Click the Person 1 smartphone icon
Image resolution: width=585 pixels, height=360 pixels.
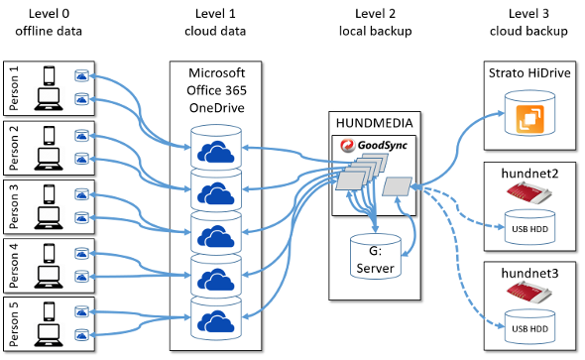pyautogui.click(x=49, y=75)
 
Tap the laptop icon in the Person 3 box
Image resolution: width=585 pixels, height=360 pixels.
pyautogui.click(x=49, y=218)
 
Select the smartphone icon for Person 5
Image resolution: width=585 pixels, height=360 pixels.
pyautogui.click(x=49, y=311)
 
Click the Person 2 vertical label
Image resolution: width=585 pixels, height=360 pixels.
pyautogui.click(x=14, y=148)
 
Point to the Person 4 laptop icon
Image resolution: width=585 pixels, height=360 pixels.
pyautogui.click(x=49, y=277)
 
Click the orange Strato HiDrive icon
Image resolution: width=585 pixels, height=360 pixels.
pyautogui.click(x=529, y=119)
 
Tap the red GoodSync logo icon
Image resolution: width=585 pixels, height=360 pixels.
pyautogui.click(x=347, y=145)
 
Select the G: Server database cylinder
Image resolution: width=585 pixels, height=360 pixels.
pyautogui.click(x=376, y=257)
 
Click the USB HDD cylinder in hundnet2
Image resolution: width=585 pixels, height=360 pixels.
pyautogui.click(x=529, y=227)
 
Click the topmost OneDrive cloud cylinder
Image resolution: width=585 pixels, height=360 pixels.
pyautogui.click(x=216, y=147)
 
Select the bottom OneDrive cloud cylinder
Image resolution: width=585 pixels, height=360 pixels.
pyautogui.click(x=216, y=317)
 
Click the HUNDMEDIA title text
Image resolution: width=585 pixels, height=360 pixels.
pyautogui.click(x=375, y=123)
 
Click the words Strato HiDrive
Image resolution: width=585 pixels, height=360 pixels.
pyautogui.click(x=529, y=72)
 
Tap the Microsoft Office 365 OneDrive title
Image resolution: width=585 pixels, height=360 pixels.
pyautogui.click(x=216, y=90)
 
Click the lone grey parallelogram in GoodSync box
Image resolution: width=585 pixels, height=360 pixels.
pyautogui.click(x=398, y=186)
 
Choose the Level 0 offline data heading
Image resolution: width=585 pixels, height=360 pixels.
pyautogui.click(x=49, y=22)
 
